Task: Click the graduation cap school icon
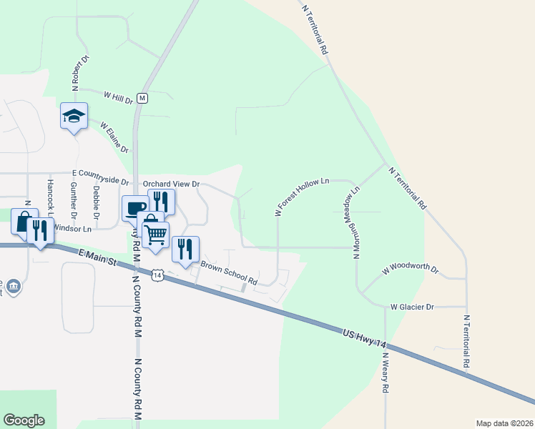pos(74,116)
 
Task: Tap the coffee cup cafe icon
pos(134,208)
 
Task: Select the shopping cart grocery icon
pos(155,234)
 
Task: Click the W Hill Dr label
pos(119,97)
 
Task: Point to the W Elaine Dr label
pos(114,136)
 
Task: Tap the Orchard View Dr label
pos(171,184)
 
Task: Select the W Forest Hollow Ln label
pos(301,196)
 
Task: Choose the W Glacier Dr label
pos(411,307)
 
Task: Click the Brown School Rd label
pos(228,271)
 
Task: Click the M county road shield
pos(142,97)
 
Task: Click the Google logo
pos(24,420)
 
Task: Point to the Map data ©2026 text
pos(504,423)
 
